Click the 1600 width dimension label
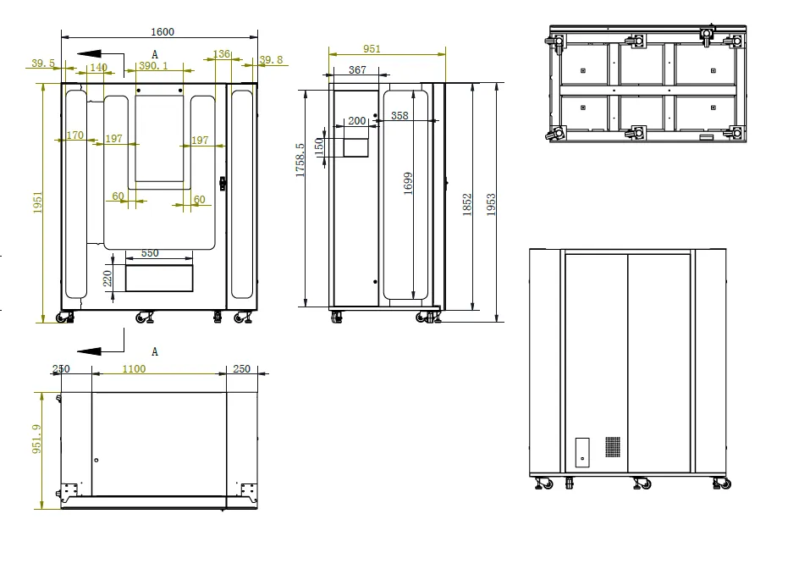click(x=163, y=31)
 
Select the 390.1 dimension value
click(x=153, y=65)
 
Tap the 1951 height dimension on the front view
click(x=38, y=202)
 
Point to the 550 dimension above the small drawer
click(x=150, y=253)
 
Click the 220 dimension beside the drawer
click(x=107, y=279)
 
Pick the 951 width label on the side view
click(x=372, y=49)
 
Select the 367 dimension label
click(x=357, y=70)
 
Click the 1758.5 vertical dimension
click(x=300, y=160)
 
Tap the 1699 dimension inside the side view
click(x=408, y=183)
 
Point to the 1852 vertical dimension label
click(x=467, y=205)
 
